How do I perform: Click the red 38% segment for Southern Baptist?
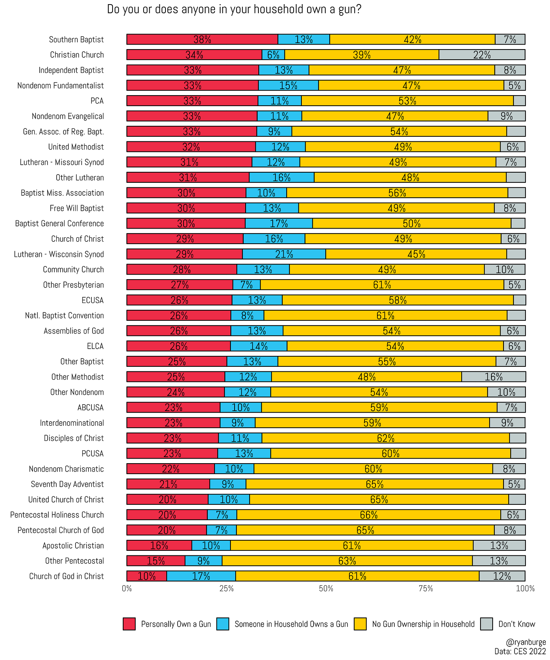click(x=202, y=39)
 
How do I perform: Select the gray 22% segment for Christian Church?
click(x=482, y=55)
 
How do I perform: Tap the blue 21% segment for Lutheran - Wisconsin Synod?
click(x=284, y=254)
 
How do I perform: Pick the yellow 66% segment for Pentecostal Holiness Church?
click(x=368, y=515)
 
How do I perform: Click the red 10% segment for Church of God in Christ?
click(x=147, y=576)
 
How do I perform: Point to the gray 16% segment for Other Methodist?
click(x=493, y=377)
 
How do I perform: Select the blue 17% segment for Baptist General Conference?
click(x=279, y=224)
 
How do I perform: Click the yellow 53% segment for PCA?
click(x=407, y=101)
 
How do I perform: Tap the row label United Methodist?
click(x=76, y=147)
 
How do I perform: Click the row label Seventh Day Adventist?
click(x=67, y=484)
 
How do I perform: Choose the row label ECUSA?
click(x=93, y=300)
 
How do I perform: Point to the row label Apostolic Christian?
click(x=73, y=546)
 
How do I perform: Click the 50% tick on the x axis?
click(x=326, y=589)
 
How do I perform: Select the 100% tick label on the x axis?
click(x=525, y=589)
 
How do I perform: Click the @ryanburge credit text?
click(x=526, y=642)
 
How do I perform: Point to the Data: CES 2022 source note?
click(x=520, y=651)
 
